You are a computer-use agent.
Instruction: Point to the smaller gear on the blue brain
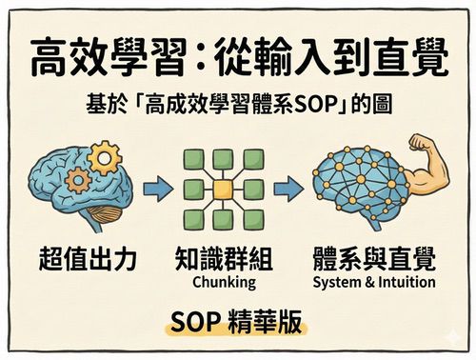pyautogui.click(x=79, y=179)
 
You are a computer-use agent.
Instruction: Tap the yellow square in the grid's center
pyautogui.click(x=223, y=189)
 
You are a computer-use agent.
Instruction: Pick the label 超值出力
pyautogui.click(x=85, y=259)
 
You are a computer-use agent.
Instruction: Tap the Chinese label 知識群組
pyautogui.click(x=224, y=259)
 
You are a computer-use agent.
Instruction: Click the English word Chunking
pyautogui.click(x=224, y=283)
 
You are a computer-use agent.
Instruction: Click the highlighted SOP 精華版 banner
pyautogui.click(x=237, y=322)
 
